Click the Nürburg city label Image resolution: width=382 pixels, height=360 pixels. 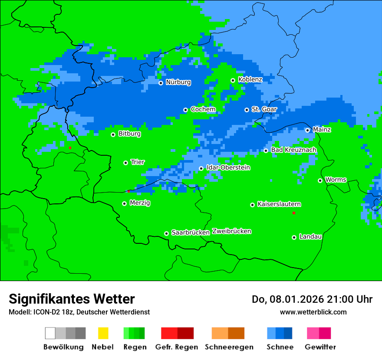[178, 82]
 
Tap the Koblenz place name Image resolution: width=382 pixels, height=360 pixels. [250, 79]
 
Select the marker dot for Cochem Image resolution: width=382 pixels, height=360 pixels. [185, 110]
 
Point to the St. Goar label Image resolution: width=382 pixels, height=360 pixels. [264, 109]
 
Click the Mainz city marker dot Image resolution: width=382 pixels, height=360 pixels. [307, 130]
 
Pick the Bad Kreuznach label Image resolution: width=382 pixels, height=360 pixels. [293, 150]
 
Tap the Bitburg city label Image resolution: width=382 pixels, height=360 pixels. [129, 134]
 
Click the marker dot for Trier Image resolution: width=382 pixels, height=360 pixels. [125, 163]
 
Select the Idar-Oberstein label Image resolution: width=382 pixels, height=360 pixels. [228, 167]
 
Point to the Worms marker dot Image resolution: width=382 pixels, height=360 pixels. [320, 180]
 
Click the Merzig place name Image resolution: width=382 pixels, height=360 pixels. [140, 203]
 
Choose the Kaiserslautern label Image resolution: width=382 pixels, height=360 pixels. [279, 204]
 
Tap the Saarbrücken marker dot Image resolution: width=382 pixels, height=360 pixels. [166, 233]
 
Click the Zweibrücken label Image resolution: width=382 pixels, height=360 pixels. [231, 231]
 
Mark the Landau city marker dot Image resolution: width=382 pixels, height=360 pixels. [294, 237]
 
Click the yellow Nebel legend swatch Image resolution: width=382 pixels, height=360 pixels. [103, 333]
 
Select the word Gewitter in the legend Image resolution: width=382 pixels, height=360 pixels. [320, 347]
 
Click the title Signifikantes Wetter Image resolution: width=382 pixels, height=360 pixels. [72, 299]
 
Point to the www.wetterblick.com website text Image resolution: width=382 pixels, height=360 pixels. [313, 312]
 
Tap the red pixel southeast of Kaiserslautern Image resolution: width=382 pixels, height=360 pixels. [294, 213]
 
